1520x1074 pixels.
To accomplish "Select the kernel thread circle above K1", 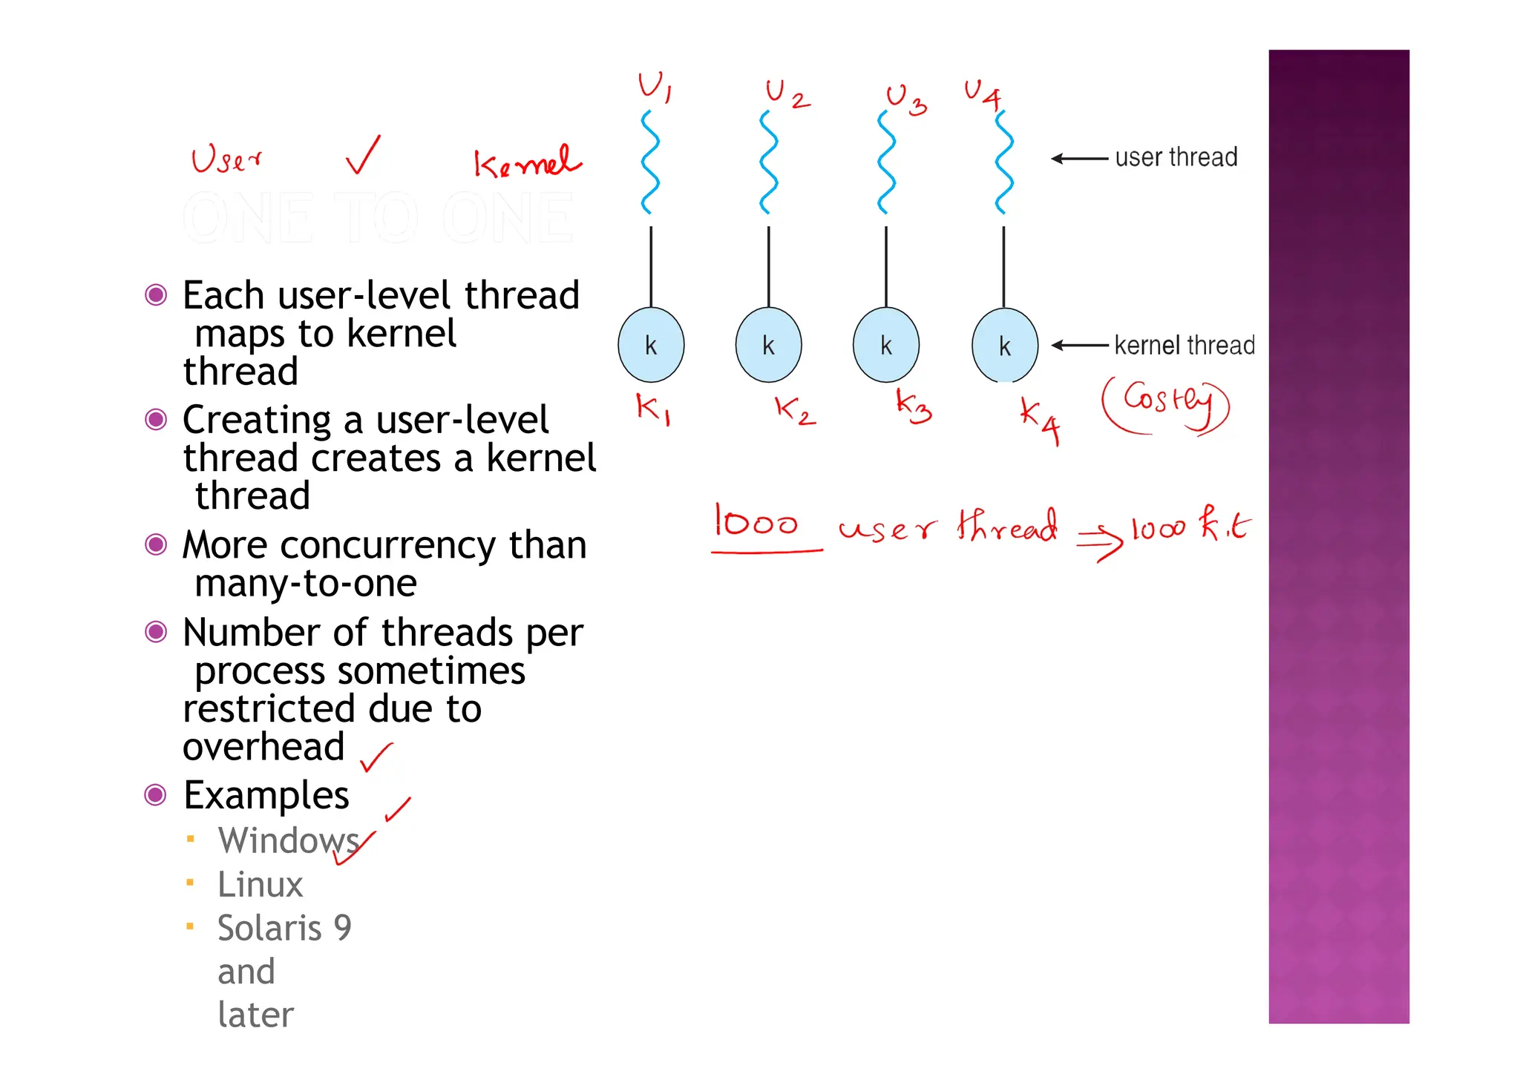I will click(x=651, y=345).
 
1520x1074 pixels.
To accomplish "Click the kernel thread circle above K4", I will click(x=1004, y=345).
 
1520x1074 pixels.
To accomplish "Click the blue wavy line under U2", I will click(x=769, y=162).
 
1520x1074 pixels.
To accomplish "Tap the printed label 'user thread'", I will click(x=1176, y=157).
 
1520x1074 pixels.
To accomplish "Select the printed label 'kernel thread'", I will click(x=1184, y=346).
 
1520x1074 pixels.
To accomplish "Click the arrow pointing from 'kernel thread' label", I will click(x=1080, y=345).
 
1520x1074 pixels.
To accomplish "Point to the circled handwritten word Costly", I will click(x=1165, y=404).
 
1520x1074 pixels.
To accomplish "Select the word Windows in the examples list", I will click(x=288, y=840).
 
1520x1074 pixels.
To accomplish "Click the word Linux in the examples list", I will click(x=261, y=884).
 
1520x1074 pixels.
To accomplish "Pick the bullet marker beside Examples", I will click(x=155, y=795).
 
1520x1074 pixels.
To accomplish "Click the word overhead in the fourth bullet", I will click(x=263, y=747).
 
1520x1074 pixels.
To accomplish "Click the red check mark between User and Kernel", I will click(x=364, y=155).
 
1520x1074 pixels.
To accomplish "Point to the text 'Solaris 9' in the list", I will click(x=284, y=928).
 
